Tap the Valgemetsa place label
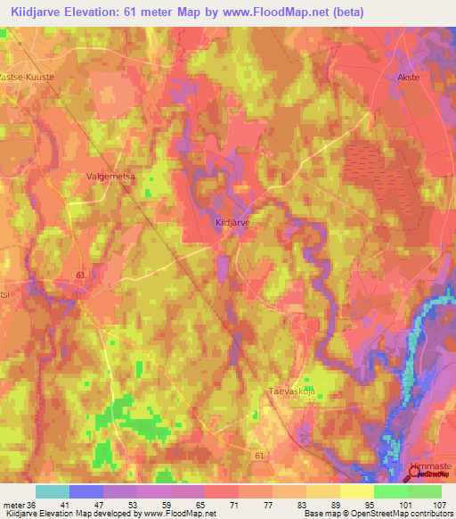click(110, 177)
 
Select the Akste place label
click(407, 78)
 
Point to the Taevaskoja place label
click(292, 391)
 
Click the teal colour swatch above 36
click(53, 491)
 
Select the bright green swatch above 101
click(391, 491)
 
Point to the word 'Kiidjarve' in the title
click(41, 12)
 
